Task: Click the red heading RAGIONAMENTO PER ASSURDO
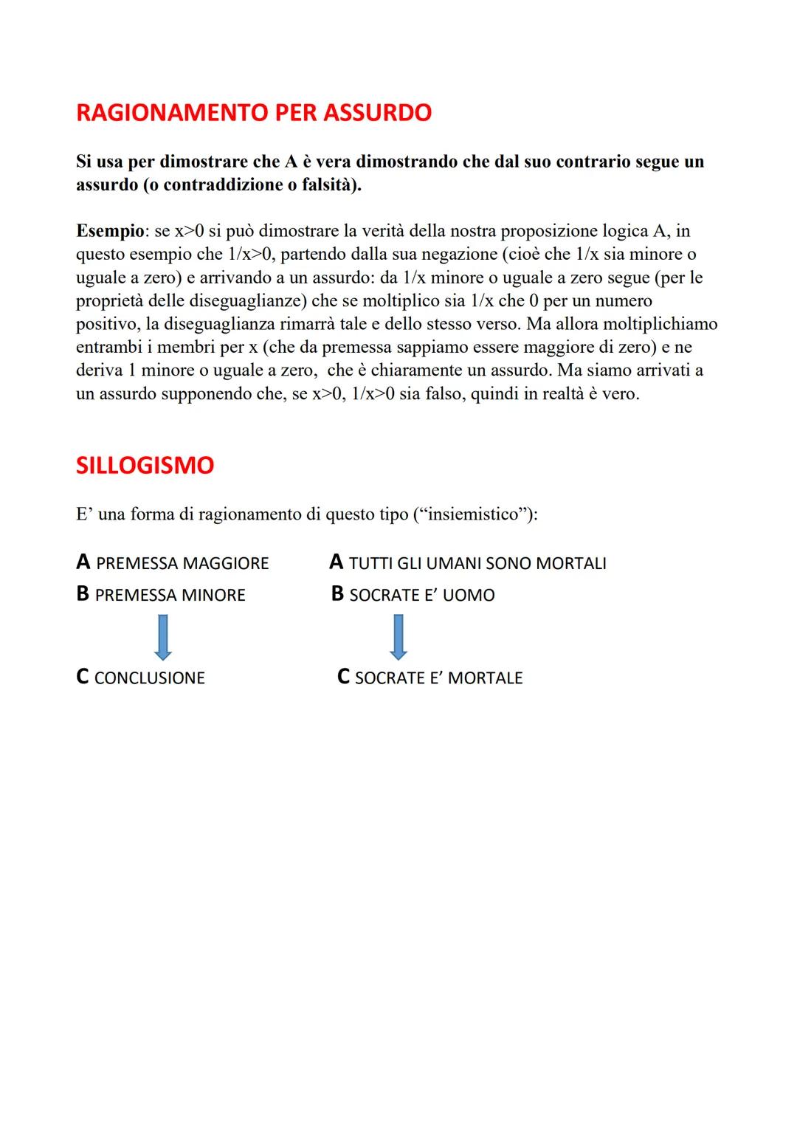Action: (x=254, y=113)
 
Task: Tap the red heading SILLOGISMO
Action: (x=145, y=466)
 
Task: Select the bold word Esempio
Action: (x=110, y=231)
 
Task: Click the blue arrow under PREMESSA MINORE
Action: (x=163, y=637)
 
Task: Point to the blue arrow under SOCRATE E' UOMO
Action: (x=398, y=637)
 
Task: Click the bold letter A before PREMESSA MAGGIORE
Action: (x=83, y=562)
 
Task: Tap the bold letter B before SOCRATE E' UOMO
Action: (x=338, y=594)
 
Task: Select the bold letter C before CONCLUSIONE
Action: (x=83, y=677)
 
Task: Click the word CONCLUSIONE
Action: (x=150, y=678)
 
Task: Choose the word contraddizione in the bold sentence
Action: (x=224, y=185)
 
